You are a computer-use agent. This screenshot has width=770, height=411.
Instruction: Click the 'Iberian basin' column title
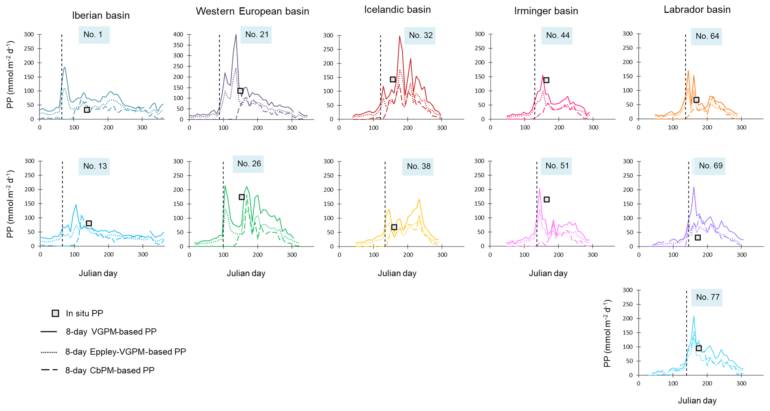[x=101, y=15]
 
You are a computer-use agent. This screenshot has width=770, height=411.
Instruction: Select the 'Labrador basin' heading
[x=697, y=10]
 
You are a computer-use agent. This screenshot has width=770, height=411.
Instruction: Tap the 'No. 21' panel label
[x=256, y=35]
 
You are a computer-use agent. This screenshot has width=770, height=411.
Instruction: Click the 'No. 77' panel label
[x=707, y=297]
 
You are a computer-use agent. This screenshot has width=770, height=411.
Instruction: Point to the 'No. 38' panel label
[x=418, y=166]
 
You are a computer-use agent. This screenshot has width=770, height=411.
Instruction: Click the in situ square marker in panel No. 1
[x=87, y=110]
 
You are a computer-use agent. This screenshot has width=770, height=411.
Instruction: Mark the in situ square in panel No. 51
[x=546, y=200]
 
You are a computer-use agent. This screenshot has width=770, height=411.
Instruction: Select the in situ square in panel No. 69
[x=698, y=238]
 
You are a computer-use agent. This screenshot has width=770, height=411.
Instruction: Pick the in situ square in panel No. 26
[x=241, y=197]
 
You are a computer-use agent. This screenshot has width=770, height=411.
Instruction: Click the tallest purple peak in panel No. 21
[x=236, y=35]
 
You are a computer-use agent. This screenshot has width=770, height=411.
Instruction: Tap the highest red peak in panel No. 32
[x=399, y=37]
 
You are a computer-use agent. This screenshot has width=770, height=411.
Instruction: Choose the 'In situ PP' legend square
[x=55, y=313]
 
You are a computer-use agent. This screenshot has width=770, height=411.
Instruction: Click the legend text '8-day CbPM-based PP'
[x=110, y=370]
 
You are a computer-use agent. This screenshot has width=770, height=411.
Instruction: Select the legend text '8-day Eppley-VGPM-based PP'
[x=126, y=352]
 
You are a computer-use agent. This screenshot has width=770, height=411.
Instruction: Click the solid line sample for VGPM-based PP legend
[x=49, y=332]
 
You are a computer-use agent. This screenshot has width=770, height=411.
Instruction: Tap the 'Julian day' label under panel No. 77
[x=697, y=401]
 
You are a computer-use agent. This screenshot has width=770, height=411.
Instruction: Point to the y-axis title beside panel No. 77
[x=607, y=333]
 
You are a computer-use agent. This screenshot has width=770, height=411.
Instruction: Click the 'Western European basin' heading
[x=252, y=11]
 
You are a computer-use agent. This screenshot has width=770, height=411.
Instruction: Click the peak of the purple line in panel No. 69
[x=694, y=187]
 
